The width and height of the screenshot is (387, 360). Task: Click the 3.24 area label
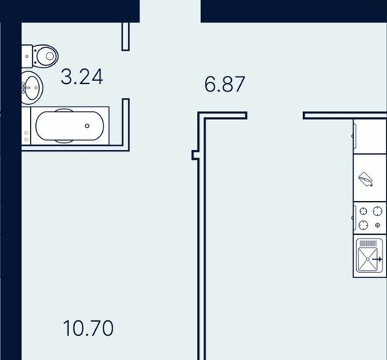[82, 76]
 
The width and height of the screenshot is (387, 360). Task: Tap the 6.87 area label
[224, 84]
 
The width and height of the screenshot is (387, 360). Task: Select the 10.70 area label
[88, 328]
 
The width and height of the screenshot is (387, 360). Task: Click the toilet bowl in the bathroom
[46, 56]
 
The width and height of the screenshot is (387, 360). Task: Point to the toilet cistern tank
[27, 56]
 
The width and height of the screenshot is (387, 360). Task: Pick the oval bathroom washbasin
[31, 88]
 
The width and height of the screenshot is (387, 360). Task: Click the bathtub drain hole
[87, 126]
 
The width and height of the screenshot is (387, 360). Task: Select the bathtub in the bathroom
[70, 126]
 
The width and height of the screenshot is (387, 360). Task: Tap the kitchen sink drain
[367, 259]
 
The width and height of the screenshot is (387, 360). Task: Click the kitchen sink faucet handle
[377, 259]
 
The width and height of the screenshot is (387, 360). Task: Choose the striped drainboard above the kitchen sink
[367, 243]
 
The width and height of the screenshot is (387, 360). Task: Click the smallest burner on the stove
[377, 225]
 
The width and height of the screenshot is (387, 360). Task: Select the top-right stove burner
[377, 211]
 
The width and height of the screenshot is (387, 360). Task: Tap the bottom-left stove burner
[363, 225]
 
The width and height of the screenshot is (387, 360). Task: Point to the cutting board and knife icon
[365, 178]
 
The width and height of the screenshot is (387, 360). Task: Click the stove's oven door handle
[354, 217]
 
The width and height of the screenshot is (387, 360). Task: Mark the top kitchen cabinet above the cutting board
[370, 136]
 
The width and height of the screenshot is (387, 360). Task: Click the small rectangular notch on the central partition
[195, 155]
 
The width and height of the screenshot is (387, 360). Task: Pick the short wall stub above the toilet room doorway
[125, 37]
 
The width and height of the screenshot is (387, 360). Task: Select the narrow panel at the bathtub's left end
[26, 126]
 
